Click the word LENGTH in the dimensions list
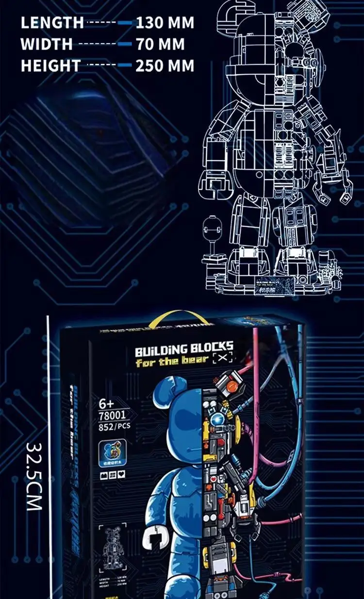point(52,23)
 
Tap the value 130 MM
point(165,23)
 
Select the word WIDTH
point(47,44)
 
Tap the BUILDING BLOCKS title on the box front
point(184,348)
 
